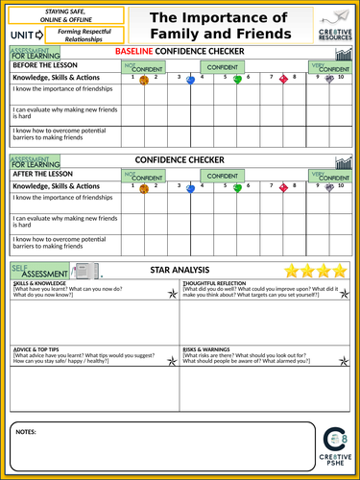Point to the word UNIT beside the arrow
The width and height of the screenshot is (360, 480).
pos(23,34)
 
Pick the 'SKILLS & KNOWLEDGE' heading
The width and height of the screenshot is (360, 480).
pos(39,285)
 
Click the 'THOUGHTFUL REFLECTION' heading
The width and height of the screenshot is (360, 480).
pos(214,285)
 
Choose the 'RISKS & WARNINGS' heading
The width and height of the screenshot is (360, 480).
pos(205,348)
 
